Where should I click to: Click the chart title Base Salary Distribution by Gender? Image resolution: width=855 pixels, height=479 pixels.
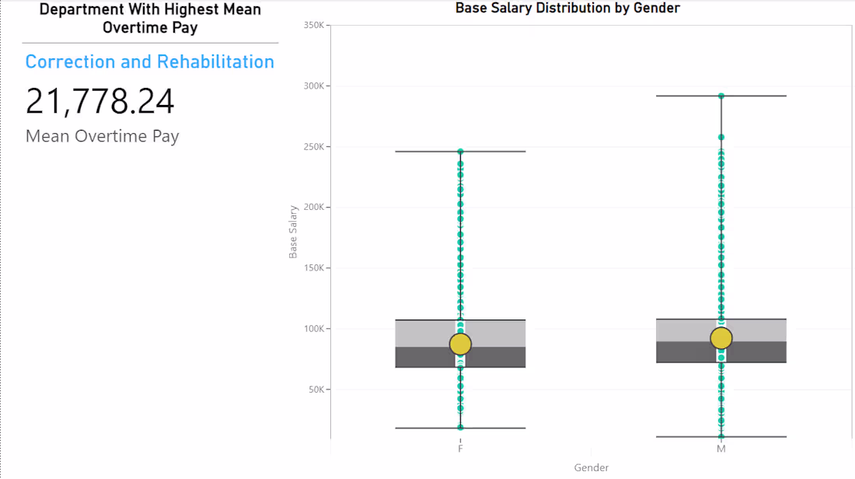tap(567, 9)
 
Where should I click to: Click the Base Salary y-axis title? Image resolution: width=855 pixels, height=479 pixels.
tap(294, 232)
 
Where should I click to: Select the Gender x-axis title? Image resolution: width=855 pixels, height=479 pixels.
tap(592, 467)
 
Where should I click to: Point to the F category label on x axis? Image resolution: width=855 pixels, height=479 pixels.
tap(461, 449)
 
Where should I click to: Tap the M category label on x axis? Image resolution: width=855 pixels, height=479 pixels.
tap(721, 449)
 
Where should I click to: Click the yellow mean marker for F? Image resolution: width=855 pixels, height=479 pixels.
tap(461, 344)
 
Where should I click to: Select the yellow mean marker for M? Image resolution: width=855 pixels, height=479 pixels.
tap(721, 338)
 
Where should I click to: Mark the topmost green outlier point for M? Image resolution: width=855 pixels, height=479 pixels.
tap(721, 96)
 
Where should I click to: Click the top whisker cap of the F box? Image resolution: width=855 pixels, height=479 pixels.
tap(461, 151)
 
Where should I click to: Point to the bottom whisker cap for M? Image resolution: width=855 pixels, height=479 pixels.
tap(721, 437)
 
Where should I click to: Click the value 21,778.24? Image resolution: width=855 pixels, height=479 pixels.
tap(100, 102)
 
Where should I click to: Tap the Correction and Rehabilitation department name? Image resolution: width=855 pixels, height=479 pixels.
tap(150, 62)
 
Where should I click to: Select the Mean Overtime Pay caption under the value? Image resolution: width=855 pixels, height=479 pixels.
tap(103, 136)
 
